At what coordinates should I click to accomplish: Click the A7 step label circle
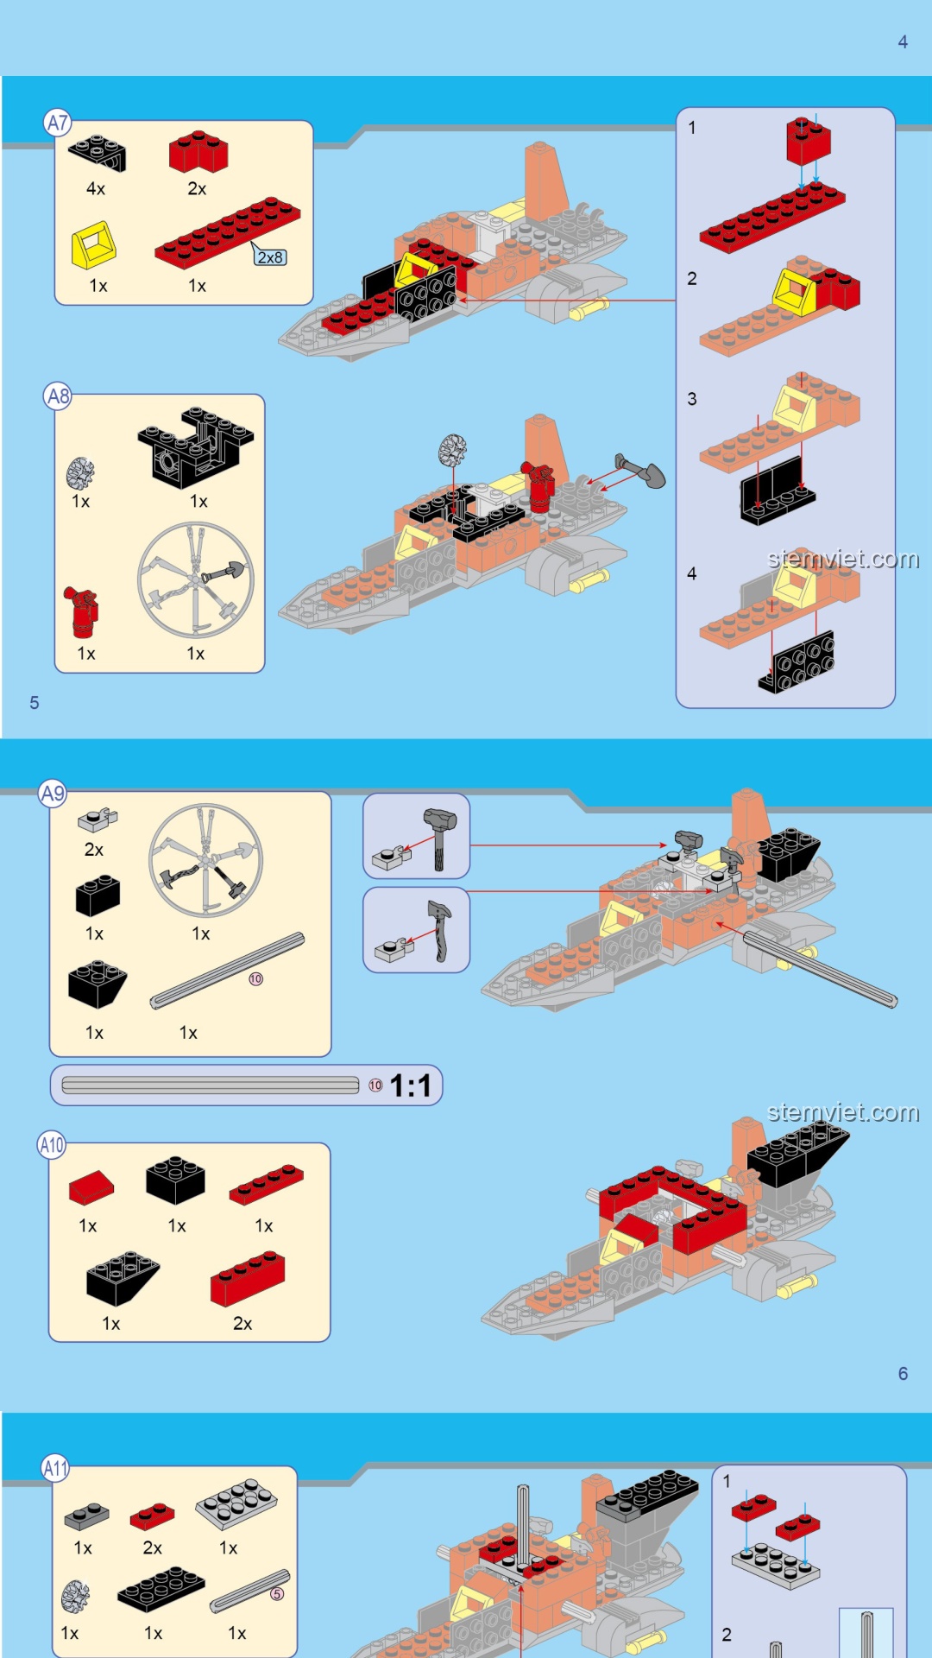point(57,123)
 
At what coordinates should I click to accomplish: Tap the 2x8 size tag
point(270,257)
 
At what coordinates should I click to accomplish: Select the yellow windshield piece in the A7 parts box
point(93,244)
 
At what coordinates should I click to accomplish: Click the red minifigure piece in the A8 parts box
point(82,611)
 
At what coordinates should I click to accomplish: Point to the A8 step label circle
point(57,396)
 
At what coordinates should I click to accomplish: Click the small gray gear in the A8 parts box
point(80,472)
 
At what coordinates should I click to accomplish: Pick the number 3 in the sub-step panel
point(692,399)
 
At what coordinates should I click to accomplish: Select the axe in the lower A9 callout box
point(439,931)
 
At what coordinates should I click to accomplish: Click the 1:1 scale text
point(411,1085)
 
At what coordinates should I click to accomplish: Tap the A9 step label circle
point(53,793)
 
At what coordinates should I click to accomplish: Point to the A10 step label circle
point(52,1145)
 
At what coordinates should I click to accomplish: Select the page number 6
point(903,1373)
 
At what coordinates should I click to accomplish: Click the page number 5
point(35,703)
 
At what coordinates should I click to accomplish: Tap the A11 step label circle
point(55,1468)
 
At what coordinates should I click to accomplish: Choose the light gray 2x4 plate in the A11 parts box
point(236,1503)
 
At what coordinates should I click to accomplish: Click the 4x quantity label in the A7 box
point(96,188)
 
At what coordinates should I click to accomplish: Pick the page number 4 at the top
point(903,41)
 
